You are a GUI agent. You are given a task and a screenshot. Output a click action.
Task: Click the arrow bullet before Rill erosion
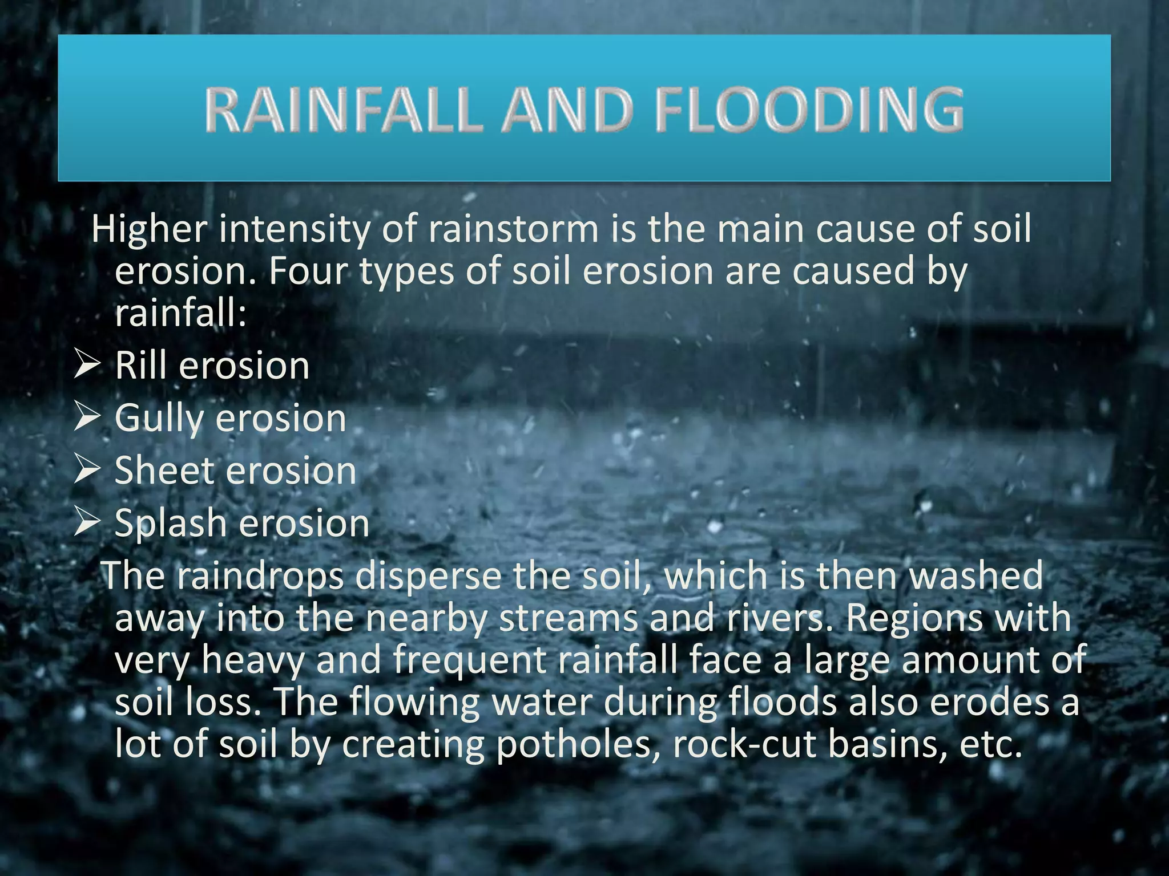coord(87,365)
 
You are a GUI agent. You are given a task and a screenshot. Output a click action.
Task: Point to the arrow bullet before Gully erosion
coord(87,418)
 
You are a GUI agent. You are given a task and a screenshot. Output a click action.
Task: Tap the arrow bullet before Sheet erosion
coord(87,471)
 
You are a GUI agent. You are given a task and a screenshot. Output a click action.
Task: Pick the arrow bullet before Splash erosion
coord(87,523)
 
